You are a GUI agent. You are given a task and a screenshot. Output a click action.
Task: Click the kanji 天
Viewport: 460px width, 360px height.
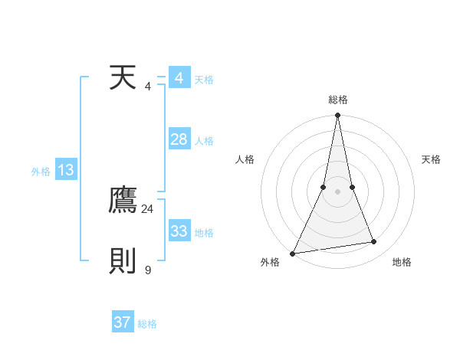[123, 78]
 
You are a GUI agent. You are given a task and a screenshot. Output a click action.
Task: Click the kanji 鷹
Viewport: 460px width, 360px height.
[123, 201]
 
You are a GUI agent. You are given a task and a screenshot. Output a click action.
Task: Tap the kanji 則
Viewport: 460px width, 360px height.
[123, 261]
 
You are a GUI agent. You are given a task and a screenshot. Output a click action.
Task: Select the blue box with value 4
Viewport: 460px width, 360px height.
[179, 78]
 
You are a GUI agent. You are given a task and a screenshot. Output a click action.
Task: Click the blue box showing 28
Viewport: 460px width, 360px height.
[179, 139]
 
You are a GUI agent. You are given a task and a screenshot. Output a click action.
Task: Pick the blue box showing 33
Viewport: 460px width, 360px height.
[179, 231]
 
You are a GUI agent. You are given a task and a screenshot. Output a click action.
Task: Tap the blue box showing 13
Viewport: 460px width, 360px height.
[66, 170]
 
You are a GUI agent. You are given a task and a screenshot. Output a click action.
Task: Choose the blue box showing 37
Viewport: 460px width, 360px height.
[123, 322]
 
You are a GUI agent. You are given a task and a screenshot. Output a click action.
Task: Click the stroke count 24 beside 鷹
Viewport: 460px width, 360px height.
[148, 208]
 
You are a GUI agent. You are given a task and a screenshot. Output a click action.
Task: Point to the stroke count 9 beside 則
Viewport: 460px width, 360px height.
[148, 270]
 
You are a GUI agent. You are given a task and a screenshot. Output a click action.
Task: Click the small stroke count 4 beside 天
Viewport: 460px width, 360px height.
[148, 86]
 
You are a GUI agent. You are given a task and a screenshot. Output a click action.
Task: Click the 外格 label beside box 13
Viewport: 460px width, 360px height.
[41, 172]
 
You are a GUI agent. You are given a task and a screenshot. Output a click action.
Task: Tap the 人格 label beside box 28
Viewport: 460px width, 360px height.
[204, 141]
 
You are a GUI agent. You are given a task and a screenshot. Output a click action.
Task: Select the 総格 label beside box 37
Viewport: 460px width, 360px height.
[147, 324]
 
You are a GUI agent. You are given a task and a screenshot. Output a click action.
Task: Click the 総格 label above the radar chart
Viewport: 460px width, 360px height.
[337, 100]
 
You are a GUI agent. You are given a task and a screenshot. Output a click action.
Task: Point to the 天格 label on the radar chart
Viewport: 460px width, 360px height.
[431, 159]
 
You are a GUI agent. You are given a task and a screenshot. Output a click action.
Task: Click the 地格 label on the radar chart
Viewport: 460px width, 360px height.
[402, 262]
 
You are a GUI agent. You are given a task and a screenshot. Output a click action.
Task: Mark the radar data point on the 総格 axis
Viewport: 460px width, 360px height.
[337, 116]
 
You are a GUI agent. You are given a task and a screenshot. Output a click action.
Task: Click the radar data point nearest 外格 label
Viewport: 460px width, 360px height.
[293, 254]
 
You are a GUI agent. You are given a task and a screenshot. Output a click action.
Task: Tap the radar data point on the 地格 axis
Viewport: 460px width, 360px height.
[374, 242]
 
